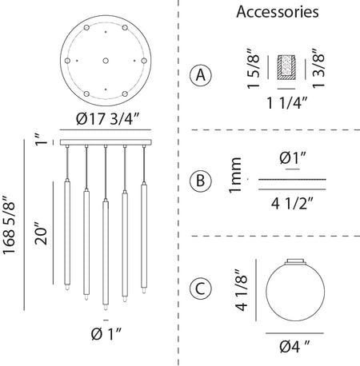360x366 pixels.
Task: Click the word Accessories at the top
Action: pyautogui.click(x=278, y=12)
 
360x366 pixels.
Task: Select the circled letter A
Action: pyautogui.click(x=201, y=75)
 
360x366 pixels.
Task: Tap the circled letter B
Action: pyautogui.click(x=201, y=181)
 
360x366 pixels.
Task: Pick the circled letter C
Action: pyautogui.click(x=201, y=288)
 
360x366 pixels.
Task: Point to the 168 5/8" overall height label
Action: pyautogui.click(x=9, y=225)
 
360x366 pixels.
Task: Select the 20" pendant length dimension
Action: pyautogui.click(x=41, y=233)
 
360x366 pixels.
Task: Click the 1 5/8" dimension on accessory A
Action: pyautogui.click(x=253, y=69)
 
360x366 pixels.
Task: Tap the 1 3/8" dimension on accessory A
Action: pyautogui.click(x=318, y=68)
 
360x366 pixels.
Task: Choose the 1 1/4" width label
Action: pyautogui.click(x=287, y=103)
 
